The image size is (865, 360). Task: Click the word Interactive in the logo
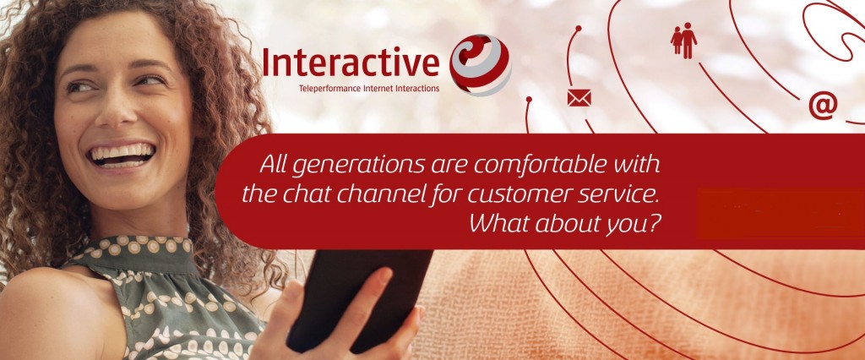pyautogui.click(x=351, y=62)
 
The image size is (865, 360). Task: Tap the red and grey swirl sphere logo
pyautogui.click(x=480, y=64)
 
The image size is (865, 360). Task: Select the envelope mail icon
pyautogui.click(x=579, y=98)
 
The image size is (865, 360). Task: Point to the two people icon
pyautogui.click(x=683, y=41)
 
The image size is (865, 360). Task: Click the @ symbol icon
pyautogui.click(x=823, y=106)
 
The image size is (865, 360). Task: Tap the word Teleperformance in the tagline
pyautogui.click(x=329, y=89)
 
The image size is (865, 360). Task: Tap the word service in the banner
pyautogui.click(x=619, y=195)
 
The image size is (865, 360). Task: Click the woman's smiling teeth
pyautogui.click(x=122, y=154)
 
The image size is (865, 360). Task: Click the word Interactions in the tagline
pyautogui.click(x=417, y=89)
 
